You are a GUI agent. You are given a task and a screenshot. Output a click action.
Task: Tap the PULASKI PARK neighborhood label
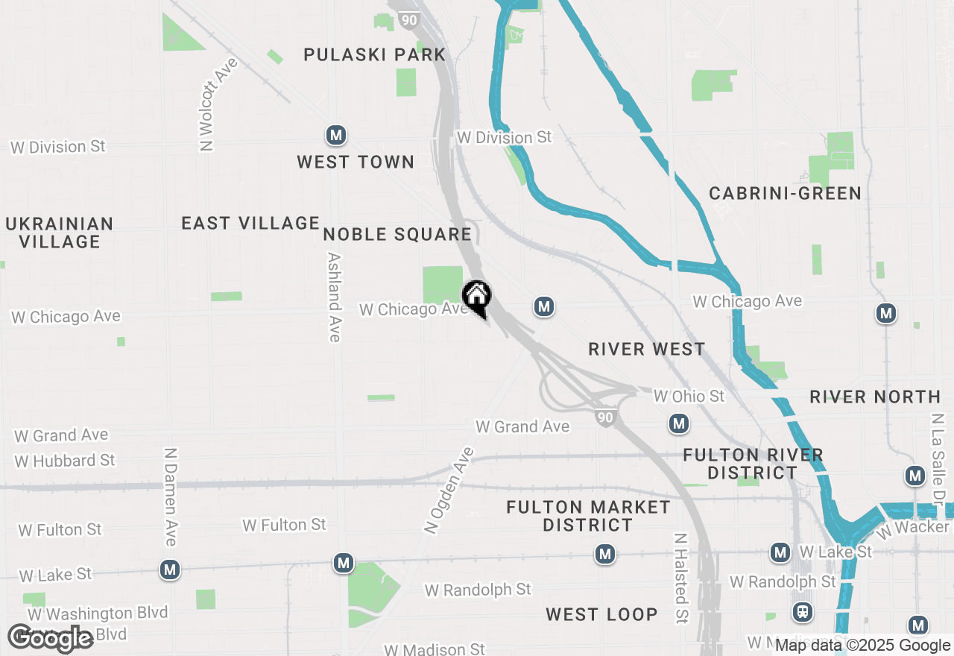click(x=374, y=54)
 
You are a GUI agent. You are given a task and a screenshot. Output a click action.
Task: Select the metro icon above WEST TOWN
click(x=336, y=135)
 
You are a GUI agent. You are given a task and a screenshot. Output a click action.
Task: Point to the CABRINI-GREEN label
click(x=785, y=193)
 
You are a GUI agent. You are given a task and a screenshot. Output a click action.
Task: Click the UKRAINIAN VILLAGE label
click(x=60, y=233)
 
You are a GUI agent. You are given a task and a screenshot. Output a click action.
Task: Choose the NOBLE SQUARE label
click(x=397, y=235)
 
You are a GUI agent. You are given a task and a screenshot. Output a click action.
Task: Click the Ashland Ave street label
click(x=335, y=297)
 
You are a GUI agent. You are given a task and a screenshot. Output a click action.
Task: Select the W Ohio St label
click(x=689, y=396)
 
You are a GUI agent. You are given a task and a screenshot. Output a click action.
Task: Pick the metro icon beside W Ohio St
click(x=678, y=424)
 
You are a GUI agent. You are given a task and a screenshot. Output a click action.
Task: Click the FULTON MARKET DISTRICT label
click(x=588, y=516)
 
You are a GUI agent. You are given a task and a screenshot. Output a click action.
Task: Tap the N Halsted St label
click(x=680, y=577)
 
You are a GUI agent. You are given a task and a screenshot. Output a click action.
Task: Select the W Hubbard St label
click(x=65, y=461)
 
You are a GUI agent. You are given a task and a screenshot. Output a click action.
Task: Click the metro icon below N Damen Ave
click(x=170, y=570)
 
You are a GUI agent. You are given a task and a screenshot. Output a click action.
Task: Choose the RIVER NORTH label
click(x=875, y=397)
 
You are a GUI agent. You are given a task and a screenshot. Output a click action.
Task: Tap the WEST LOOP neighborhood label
click(x=601, y=614)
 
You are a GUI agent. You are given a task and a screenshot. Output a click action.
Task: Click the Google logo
click(x=51, y=638)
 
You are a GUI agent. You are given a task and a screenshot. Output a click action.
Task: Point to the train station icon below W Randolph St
click(x=803, y=612)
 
